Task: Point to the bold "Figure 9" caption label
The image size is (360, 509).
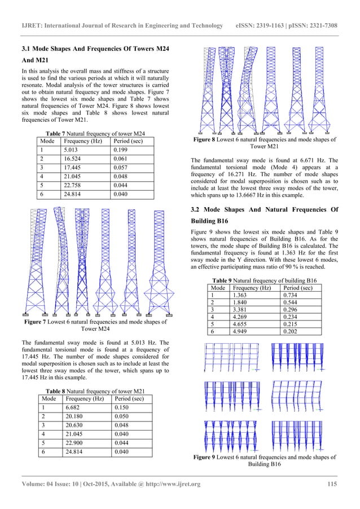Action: (209, 457)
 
